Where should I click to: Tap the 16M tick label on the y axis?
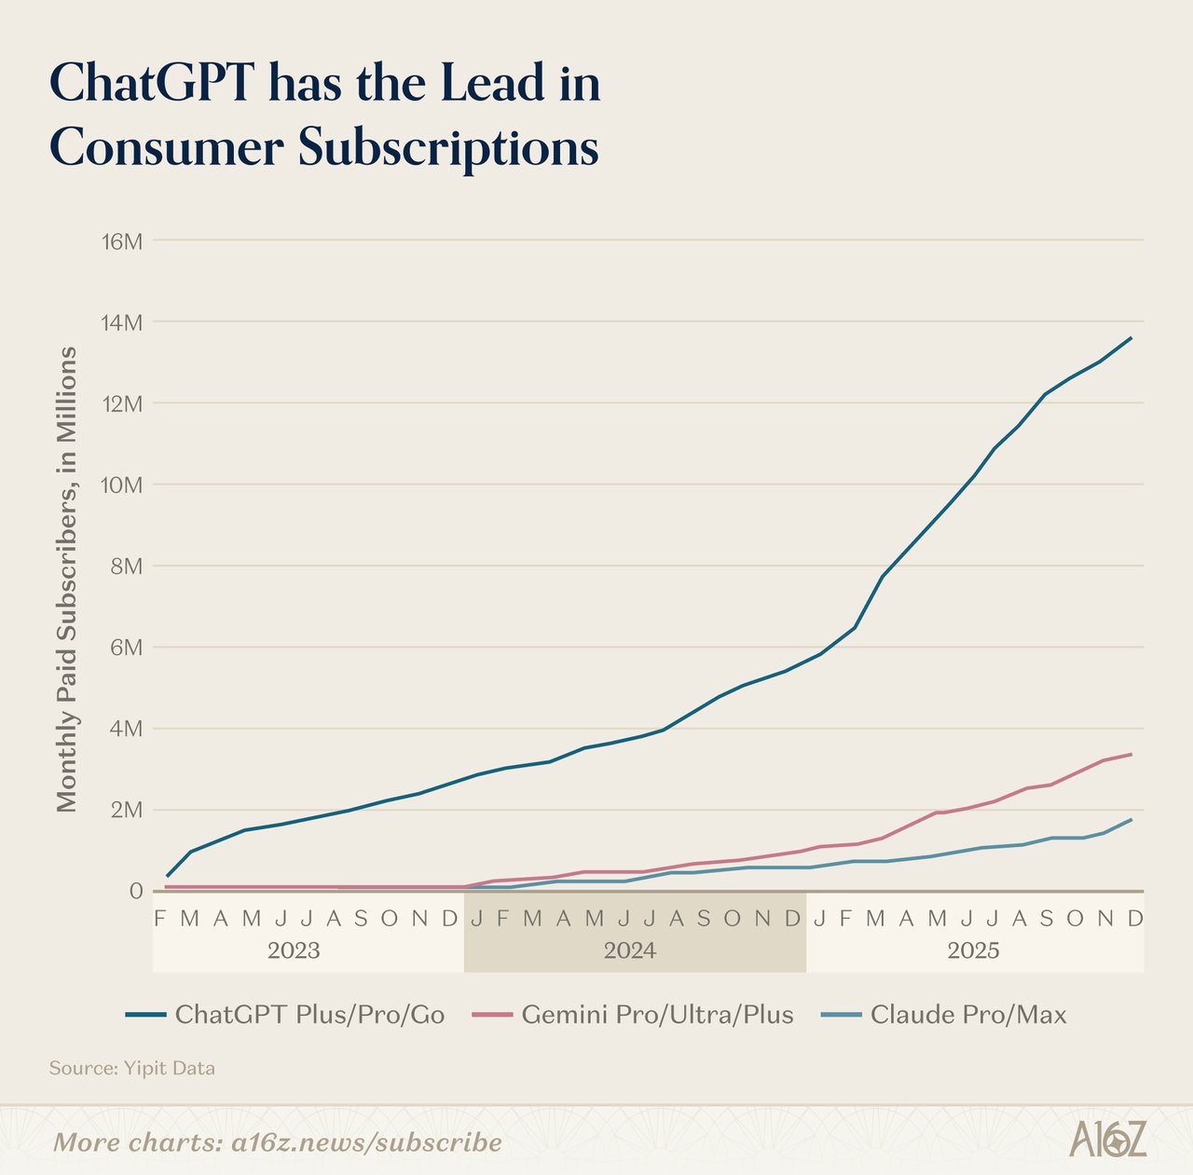pyautogui.click(x=121, y=241)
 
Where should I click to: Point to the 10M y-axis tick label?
pyautogui.click(x=121, y=485)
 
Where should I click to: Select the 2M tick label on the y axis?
pyautogui.click(x=126, y=810)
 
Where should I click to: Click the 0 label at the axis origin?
pyautogui.click(x=136, y=891)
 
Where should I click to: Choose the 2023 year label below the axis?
pyautogui.click(x=294, y=950)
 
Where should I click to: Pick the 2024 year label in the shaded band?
pyautogui.click(x=630, y=950)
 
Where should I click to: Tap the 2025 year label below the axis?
pyautogui.click(x=973, y=950)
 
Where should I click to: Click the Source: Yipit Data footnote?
pyautogui.click(x=131, y=1068)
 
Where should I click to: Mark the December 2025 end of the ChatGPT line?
pyautogui.click(x=1131, y=337)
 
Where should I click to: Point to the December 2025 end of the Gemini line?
pyautogui.click(x=1131, y=754)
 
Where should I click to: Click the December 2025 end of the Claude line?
pyautogui.click(x=1131, y=819)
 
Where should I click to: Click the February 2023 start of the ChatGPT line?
pyautogui.click(x=167, y=876)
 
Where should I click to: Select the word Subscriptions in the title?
pyautogui.click(x=447, y=149)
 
